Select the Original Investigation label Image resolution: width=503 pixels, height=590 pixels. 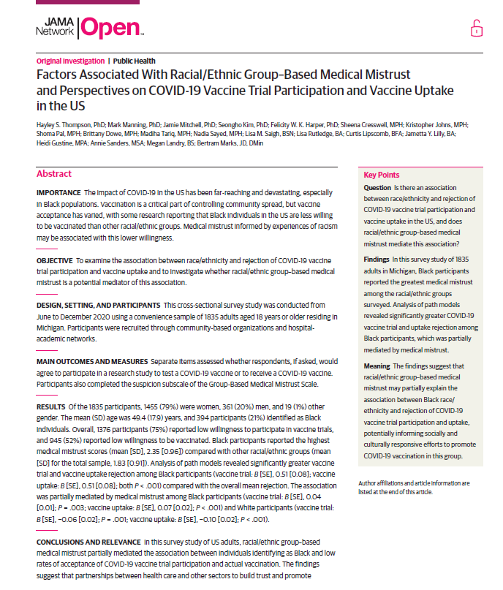(69, 61)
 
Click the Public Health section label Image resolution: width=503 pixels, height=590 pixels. (134, 61)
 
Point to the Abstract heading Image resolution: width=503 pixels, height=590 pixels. (54, 174)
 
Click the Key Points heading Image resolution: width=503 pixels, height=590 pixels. (382, 175)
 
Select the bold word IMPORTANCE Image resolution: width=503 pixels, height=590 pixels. (58, 192)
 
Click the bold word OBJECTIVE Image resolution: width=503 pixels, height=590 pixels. (55, 260)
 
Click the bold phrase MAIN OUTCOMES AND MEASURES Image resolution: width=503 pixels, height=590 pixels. (91, 362)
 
